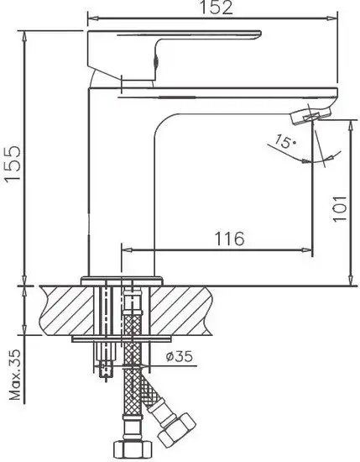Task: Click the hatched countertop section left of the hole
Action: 63,311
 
